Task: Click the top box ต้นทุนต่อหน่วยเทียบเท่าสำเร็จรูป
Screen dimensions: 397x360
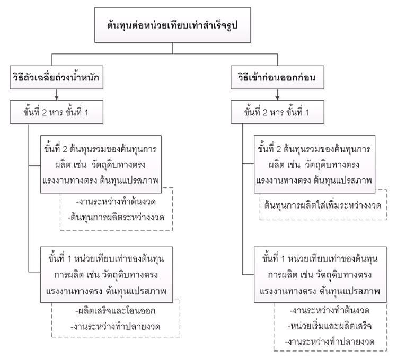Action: click(173, 25)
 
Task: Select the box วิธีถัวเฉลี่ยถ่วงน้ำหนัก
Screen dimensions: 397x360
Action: click(57, 77)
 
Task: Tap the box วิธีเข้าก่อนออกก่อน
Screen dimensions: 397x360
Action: click(278, 77)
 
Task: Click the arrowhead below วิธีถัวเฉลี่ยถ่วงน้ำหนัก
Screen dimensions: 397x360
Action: click(57, 98)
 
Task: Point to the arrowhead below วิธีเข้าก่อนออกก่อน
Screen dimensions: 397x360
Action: click(278, 98)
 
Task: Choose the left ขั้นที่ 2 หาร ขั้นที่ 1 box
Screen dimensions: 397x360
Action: click(57, 112)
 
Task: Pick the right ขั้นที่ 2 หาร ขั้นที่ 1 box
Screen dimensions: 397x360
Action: click(278, 112)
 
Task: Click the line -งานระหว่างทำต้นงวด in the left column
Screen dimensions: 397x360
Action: click(116, 202)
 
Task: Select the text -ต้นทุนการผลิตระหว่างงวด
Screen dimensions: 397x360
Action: click(116, 217)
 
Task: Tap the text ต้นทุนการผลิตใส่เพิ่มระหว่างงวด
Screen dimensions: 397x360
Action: click(323, 205)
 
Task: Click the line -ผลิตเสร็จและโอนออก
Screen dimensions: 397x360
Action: click(116, 311)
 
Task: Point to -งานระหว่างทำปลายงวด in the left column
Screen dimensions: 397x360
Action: click(116, 327)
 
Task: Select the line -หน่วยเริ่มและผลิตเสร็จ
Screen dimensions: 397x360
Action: click(330, 326)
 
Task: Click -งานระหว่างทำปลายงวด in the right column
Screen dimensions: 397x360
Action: click(330, 342)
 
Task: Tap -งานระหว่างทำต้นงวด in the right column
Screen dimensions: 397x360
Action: click(330, 310)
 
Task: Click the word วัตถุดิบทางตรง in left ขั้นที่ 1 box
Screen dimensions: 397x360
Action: click(130, 275)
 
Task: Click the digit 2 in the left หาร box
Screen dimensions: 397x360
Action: click(45, 112)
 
